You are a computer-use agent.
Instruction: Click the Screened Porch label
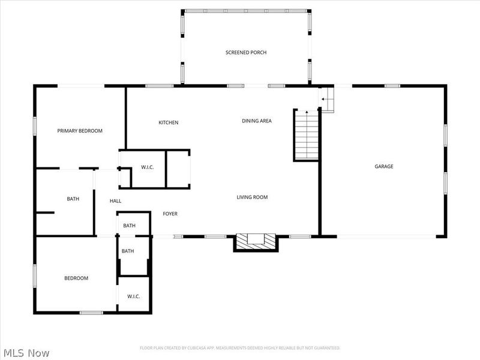(x=246, y=52)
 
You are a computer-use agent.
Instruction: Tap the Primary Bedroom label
(x=80, y=131)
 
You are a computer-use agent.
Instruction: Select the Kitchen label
(x=169, y=122)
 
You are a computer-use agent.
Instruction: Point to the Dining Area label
(x=257, y=121)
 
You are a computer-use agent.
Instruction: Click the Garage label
(x=384, y=166)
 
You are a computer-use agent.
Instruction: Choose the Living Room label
(x=252, y=197)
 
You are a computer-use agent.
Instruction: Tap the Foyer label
(x=170, y=214)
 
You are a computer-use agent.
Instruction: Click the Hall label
(x=115, y=201)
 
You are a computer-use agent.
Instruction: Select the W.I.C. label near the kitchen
(x=147, y=167)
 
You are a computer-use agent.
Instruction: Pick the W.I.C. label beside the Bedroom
(x=133, y=296)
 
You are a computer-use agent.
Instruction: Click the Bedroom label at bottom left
(x=76, y=278)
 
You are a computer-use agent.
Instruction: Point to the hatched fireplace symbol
(x=256, y=242)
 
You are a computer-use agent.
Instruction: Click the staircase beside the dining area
(x=306, y=135)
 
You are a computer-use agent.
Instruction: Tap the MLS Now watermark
(x=26, y=353)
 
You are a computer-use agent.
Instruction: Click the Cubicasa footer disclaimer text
(x=239, y=348)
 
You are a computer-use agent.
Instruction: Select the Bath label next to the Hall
(x=73, y=199)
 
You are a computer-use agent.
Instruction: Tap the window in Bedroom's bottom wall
(x=91, y=313)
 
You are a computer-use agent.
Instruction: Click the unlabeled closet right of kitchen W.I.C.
(x=178, y=169)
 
